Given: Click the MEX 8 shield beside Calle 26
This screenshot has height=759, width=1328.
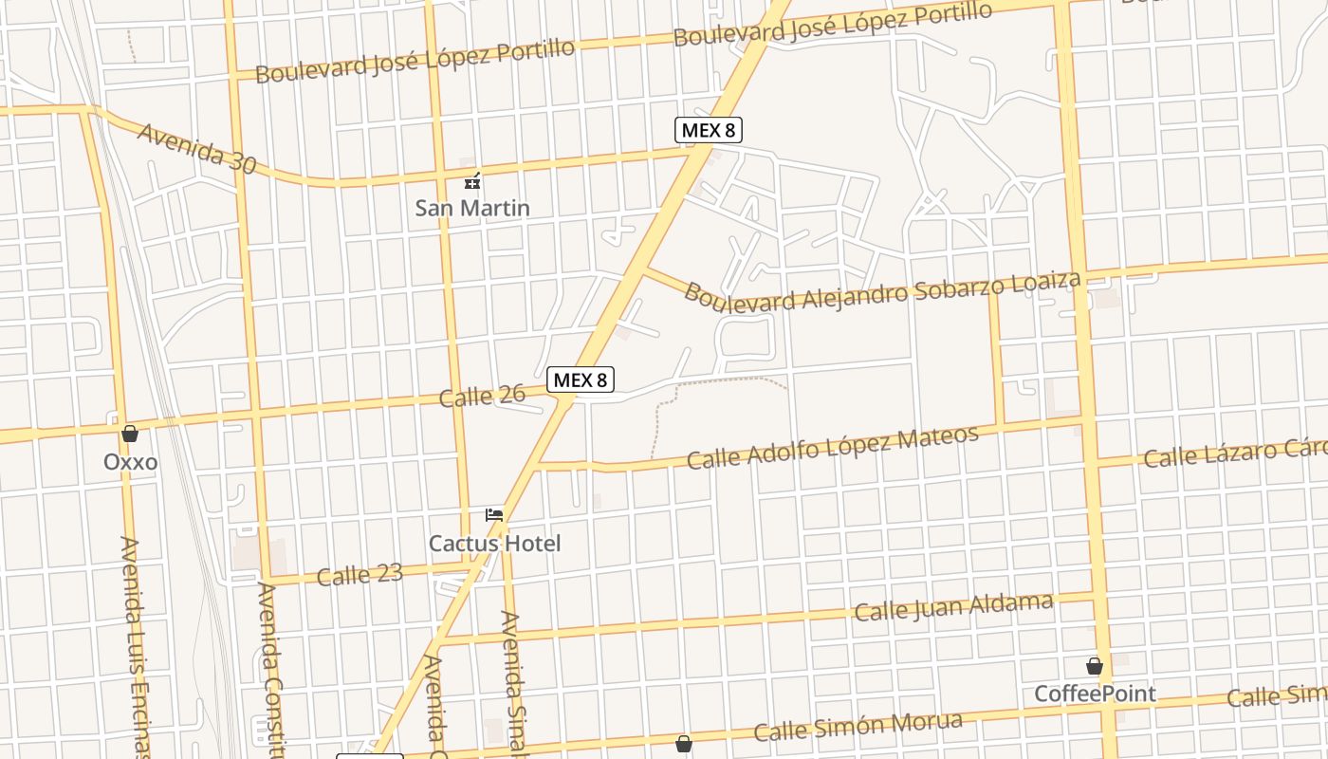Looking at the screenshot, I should [581, 379].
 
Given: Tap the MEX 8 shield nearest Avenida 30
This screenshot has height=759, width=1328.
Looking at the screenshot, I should [708, 130].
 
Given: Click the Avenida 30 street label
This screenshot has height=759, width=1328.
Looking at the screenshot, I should [196, 148].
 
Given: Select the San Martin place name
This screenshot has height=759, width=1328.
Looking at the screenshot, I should [472, 208].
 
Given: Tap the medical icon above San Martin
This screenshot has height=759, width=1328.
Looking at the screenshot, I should [471, 181].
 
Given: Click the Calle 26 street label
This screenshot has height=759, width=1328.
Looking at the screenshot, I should [482, 395].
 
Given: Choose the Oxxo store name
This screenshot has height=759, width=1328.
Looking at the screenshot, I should [131, 463].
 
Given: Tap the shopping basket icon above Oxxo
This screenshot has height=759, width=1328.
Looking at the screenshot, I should [130, 434].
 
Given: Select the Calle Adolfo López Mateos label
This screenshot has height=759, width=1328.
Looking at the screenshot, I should [832, 448].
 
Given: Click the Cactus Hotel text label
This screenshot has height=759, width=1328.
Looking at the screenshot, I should [494, 544].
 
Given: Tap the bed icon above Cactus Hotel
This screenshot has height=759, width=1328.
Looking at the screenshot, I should [494, 515].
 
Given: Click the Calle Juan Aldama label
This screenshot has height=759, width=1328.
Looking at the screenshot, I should [953, 607].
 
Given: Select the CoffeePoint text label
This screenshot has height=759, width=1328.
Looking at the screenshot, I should [1095, 694].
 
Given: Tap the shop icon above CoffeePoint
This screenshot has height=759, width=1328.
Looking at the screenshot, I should [1095, 666].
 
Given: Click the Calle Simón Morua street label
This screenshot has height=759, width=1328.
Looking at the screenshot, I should [858, 727].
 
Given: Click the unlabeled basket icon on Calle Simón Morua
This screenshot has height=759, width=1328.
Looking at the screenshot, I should [683, 744].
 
